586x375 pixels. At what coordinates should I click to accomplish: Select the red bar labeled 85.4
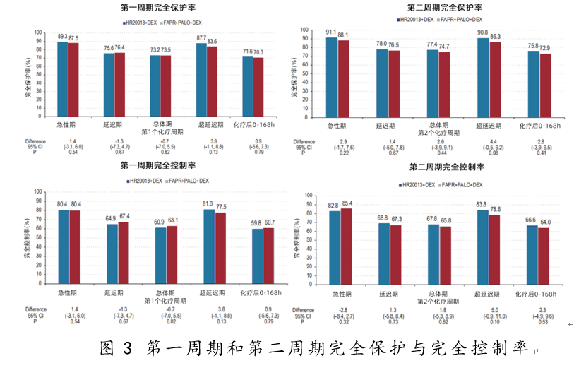click(x=346, y=246)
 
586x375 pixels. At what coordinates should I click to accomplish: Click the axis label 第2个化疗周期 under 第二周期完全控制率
click(x=431, y=299)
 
